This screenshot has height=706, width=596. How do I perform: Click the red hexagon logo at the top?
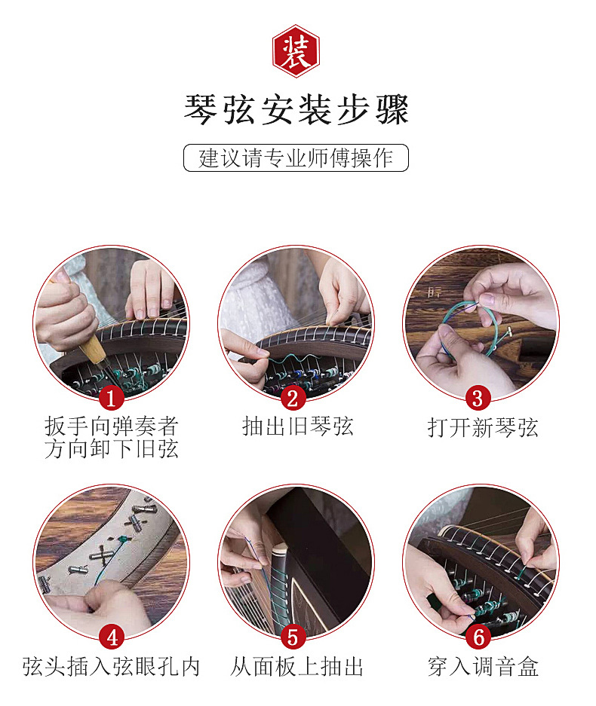pyautogui.click(x=296, y=51)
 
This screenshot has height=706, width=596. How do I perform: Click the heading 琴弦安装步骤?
pyautogui.click(x=296, y=109)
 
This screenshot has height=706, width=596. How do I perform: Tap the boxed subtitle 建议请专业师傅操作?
pyautogui.click(x=296, y=157)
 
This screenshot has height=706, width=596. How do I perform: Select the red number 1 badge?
pyautogui.click(x=112, y=399)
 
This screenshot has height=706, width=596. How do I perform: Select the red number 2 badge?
pyautogui.click(x=293, y=399)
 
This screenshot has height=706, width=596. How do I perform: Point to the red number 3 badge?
pyautogui.click(x=478, y=399)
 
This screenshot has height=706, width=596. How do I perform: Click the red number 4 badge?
pyautogui.click(x=112, y=637)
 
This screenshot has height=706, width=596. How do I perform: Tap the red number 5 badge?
pyautogui.click(x=293, y=637)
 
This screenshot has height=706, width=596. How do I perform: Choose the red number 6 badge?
pyautogui.click(x=478, y=637)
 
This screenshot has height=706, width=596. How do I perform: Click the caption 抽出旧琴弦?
pyautogui.click(x=297, y=426)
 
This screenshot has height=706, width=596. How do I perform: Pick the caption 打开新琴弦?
pyautogui.click(x=482, y=427)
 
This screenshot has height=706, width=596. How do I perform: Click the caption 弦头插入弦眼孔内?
pyautogui.click(x=111, y=666)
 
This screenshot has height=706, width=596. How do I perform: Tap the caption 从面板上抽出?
pyautogui.click(x=296, y=666)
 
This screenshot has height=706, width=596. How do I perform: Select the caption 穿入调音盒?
pyautogui.click(x=483, y=666)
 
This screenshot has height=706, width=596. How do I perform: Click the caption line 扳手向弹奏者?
pyautogui.click(x=112, y=426)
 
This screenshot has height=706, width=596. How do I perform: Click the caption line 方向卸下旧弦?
pyautogui.click(x=112, y=449)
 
